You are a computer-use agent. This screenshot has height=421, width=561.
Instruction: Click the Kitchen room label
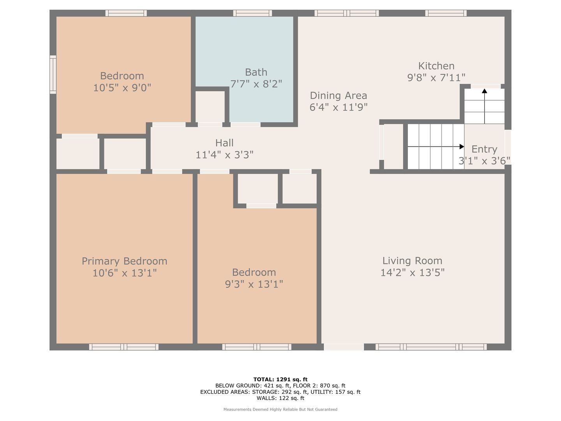(436, 66)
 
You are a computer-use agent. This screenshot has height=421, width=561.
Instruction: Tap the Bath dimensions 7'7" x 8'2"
(256, 84)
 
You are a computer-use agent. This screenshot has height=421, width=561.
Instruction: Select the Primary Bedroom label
(124, 261)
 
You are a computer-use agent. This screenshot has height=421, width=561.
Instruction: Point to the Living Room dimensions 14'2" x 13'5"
(412, 272)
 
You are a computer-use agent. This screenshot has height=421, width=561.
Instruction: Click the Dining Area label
(338, 96)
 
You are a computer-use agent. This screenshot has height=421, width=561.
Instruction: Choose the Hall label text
(224, 143)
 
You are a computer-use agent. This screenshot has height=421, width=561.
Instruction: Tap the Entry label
(484, 149)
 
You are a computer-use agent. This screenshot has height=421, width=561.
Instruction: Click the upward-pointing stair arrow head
(484, 91)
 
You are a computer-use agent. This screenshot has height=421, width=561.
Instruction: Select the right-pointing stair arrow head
(462, 147)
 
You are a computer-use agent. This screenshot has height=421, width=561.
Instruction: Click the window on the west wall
(53, 74)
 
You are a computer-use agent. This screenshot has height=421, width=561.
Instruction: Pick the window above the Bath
(252, 13)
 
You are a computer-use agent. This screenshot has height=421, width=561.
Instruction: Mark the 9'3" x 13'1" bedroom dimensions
(254, 284)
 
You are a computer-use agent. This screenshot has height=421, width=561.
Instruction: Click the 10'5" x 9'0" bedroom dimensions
(122, 88)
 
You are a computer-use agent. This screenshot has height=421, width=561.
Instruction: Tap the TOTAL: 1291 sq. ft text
(280, 379)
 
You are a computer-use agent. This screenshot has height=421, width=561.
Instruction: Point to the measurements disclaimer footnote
(280, 409)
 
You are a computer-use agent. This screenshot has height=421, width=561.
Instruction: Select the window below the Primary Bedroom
(123, 347)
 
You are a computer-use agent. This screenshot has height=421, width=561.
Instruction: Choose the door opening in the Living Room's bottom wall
(344, 347)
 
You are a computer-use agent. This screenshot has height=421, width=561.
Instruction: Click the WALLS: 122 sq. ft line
(280, 398)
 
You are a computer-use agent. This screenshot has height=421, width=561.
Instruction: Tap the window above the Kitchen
(446, 13)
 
